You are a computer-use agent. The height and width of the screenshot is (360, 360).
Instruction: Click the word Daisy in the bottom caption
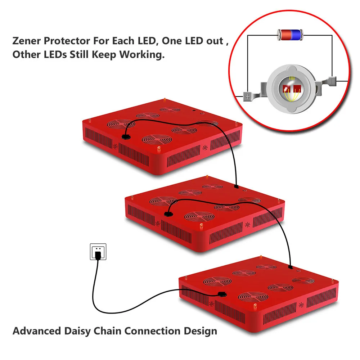click(x=78, y=331)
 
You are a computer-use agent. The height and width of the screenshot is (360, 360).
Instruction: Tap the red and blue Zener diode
click(x=289, y=35)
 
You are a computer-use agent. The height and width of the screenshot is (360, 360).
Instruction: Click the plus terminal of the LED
click(x=248, y=96)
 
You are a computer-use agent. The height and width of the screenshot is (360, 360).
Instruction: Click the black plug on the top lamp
click(x=126, y=137)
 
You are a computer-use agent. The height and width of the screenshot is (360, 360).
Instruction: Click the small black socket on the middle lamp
click(x=236, y=186)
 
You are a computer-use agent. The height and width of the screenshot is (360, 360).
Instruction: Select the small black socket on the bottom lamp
click(x=291, y=267)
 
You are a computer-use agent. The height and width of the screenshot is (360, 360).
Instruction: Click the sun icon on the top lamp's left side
click(x=116, y=147)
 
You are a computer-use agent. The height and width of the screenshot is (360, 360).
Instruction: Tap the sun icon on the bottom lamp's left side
click(x=211, y=303)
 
